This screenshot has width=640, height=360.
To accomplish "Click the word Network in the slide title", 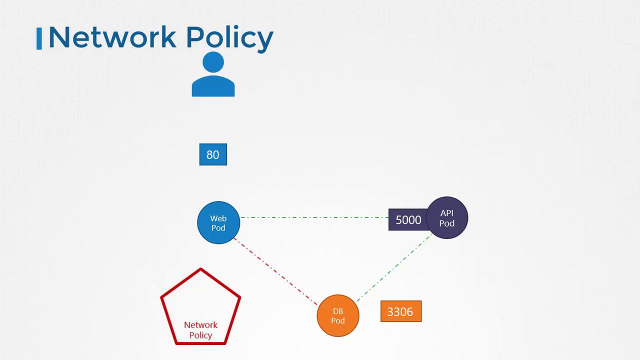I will pos(112,37).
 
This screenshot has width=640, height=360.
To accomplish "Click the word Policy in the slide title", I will pos(229,38).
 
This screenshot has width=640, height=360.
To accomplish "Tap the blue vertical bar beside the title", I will pos(39,38).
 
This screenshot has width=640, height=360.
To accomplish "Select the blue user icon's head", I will pos(213,62).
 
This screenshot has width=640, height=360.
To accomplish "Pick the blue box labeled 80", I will pos(213,154).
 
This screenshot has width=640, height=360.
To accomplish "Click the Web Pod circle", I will pos(218,223).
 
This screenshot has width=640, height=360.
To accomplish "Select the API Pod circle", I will pos(447,217).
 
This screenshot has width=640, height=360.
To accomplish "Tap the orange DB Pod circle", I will pos(338,315).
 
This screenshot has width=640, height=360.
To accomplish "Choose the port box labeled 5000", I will pos(407,220).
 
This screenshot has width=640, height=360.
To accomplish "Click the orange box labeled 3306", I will pos(400,311).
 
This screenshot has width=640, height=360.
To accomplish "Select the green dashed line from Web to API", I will pos(315,217).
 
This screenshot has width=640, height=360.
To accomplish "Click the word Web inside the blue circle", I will pos(218,218).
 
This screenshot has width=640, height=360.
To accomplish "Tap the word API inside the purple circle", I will pos(447,213).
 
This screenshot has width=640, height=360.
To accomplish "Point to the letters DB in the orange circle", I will pos(338,311).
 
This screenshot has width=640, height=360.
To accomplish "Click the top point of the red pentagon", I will pos(200,269).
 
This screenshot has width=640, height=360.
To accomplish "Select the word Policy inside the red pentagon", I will pos(200,335).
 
